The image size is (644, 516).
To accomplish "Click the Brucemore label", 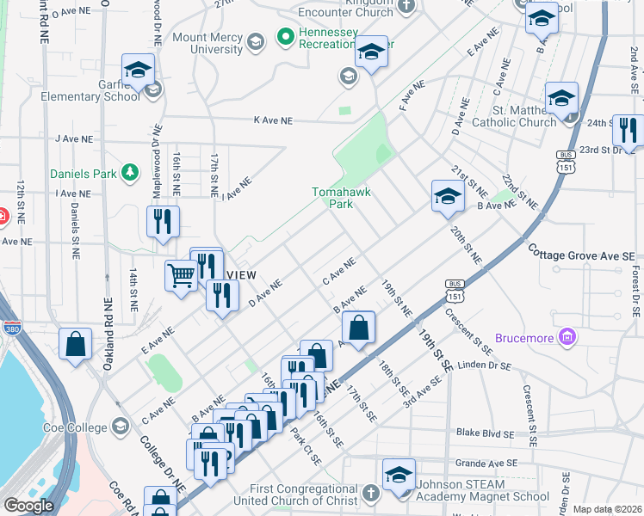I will [x=525, y=338].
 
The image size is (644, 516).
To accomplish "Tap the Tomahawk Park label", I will [x=341, y=198].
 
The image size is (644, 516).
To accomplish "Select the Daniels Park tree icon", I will [x=130, y=174].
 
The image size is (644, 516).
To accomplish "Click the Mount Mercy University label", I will [x=209, y=43].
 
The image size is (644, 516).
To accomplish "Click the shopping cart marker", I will [x=181, y=276].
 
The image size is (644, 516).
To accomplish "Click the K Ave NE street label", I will [x=273, y=121].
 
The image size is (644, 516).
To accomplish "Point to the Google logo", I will [x=28, y=506].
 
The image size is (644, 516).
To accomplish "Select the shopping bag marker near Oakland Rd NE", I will [x=76, y=344].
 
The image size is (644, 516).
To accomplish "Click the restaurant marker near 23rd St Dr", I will [x=628, y=131].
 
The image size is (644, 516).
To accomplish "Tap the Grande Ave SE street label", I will [x=486, y=463].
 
